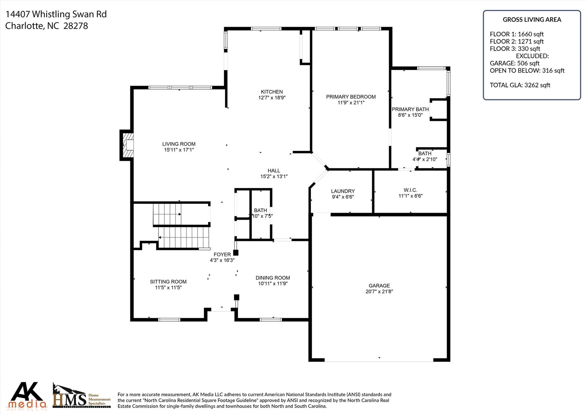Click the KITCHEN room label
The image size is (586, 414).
[272, 92]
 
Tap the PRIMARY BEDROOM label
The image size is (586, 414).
[351, 97]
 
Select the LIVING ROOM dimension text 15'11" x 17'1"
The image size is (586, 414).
[179, 150]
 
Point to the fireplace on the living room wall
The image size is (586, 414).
[126, 145]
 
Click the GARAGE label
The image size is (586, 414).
[379, 286]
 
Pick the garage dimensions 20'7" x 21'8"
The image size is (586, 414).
[379, 292]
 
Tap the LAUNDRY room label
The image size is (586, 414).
[343, 191]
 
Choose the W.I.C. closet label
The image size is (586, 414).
[410, 190]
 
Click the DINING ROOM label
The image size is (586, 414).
[273, 278]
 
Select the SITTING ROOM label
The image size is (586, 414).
[168, 282]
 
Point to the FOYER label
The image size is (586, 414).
[222, 254]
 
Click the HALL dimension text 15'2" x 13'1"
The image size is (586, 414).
[274, 177]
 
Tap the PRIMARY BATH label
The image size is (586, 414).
[410, 109]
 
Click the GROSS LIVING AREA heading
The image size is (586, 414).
[532, 20]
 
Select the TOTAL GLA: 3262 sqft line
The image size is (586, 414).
[520, 85]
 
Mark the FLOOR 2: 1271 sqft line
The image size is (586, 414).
[517, 41]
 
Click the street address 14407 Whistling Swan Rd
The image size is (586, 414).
[56, 14]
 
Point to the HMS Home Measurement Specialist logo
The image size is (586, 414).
[82, 396]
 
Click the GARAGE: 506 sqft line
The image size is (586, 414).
[514, 63]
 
